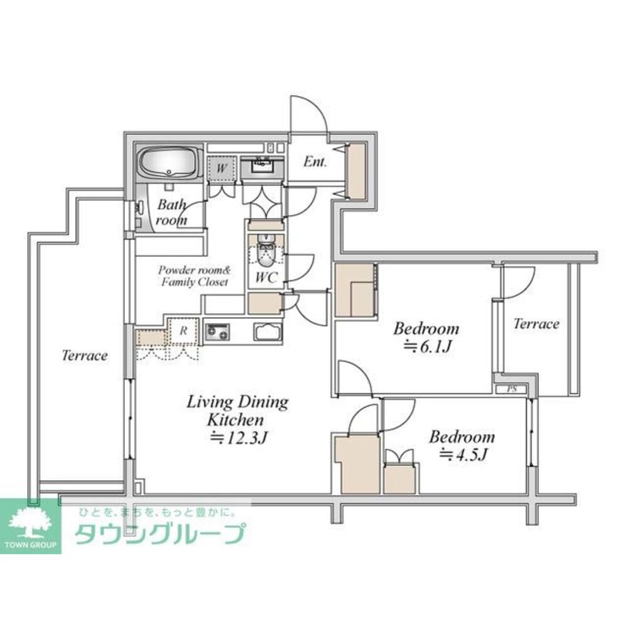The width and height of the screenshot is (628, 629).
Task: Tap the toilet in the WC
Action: pyautogui.click(x=265, y=252)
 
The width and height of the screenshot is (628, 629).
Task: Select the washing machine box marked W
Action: pyautogui.click(x=221, y=168)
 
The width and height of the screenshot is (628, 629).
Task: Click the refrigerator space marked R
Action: pyautogui.click(x=183, y=331)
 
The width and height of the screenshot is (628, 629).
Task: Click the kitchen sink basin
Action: pyautogui.click(x=268, y=332)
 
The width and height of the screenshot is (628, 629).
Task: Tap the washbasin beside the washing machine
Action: pyautogui.click(x=263, y=165)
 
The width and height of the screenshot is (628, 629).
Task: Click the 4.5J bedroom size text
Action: pyautogui.click(x=463, y=454)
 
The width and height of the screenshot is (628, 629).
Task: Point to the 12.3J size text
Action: pyautogui.click(x=238, y=437)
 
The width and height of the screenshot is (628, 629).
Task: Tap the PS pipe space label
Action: pyautogui.click(x=512, y=389)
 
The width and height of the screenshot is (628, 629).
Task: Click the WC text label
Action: pyautogui.click(x=266, y=277)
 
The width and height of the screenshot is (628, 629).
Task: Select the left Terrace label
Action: pyautogui.click(x=85, y=356)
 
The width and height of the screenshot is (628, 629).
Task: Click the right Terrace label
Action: pyautogui.click(x=536, y=324)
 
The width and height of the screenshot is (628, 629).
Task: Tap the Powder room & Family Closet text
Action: pyautogui.click(x=195, y=276)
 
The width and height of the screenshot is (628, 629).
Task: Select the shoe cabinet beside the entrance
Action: pyautogui.click(x=356, y=172)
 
